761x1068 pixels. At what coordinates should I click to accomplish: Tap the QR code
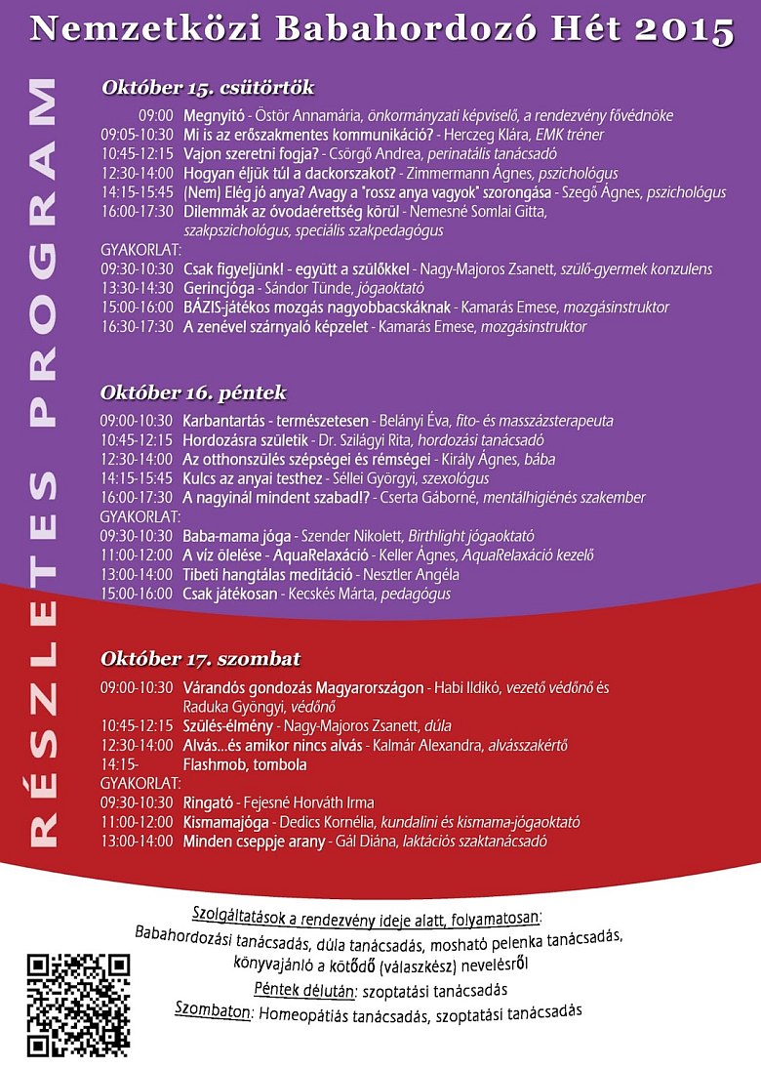(78, 1006)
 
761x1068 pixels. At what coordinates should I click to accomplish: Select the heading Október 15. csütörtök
(208, 88)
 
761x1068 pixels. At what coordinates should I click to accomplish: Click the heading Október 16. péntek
(193, 393)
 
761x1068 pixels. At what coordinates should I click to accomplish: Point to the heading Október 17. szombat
(200, 657)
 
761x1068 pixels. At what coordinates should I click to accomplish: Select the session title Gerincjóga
(220, 288)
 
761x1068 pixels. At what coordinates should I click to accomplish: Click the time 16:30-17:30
(138, 327)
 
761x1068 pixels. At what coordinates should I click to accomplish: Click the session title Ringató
(208, 802)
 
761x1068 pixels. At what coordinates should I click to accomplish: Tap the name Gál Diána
(364, 841)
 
